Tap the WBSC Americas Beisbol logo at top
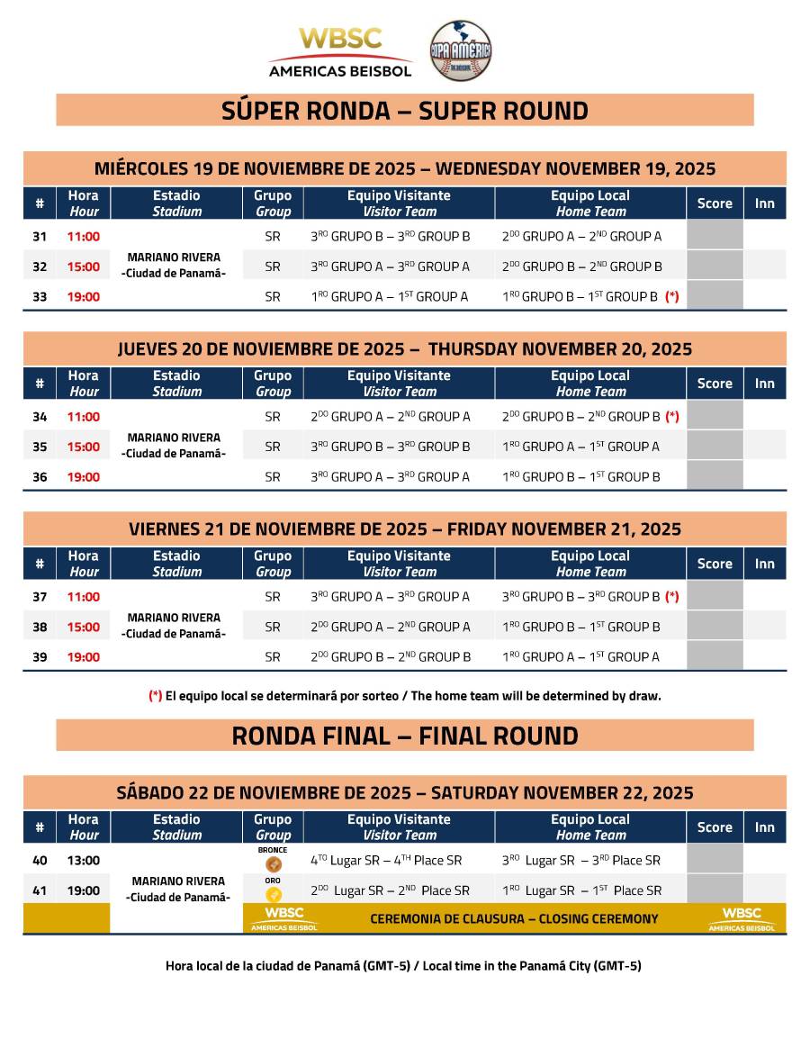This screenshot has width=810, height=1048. [x=341, y=51]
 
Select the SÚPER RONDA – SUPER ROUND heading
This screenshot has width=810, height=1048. [x=405, y=111]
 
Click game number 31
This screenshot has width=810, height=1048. [x=40, y=237]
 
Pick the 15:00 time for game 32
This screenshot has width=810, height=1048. [x=84, y=267]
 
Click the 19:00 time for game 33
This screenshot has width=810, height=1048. [x=84, y=296]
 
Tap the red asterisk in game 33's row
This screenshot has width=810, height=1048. [x=671, y=296]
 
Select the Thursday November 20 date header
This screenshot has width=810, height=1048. [x=405, y=348]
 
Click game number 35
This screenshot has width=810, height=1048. [x=40, y=447]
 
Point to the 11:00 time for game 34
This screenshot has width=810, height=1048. [x=84, y=417]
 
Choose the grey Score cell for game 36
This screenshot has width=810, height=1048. [x=715, y=476]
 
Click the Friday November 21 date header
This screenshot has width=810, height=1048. [x=405, y=529]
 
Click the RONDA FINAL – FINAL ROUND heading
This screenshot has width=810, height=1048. [x=405, y=736]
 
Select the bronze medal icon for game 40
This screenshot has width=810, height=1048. [x=274, y=864]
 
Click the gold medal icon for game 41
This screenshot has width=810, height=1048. [x=274, y=894]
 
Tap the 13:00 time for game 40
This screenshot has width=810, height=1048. [x=84, y=861]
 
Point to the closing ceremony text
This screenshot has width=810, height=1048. [x=514, y=919]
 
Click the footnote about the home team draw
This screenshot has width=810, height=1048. [x=405, y=695]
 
